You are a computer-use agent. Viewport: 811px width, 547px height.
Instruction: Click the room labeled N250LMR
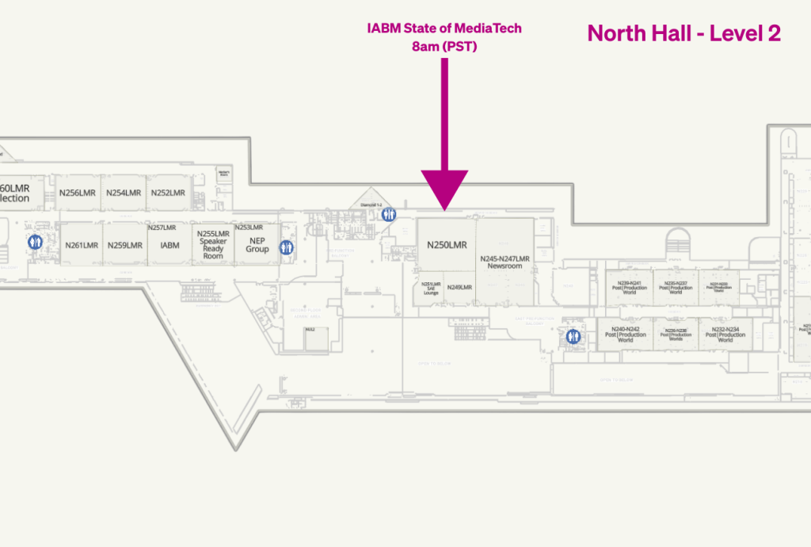[x=447, y=245]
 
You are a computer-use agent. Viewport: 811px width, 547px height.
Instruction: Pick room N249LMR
[x=459, y=287]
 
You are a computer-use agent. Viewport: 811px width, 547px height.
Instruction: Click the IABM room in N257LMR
[x=170, y=245]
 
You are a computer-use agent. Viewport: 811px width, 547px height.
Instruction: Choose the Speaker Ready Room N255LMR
[x=213, y=245]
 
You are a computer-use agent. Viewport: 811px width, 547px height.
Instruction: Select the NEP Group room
[x=257, y=245]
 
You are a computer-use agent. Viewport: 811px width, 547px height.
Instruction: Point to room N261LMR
[x=82, y=245]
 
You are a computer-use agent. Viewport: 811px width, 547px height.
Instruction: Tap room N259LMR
[x=125, y=245]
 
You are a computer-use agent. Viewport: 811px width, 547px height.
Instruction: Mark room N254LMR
[x=124, y=193]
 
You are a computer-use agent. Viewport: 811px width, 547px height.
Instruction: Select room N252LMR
[x=168, y=193]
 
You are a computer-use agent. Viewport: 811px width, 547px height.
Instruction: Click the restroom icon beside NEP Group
[x=286, y=247]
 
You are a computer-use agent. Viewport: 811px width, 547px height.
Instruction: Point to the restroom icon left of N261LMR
[x=35, y=243]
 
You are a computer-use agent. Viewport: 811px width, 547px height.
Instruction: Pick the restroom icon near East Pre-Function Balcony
[x=573, y=337]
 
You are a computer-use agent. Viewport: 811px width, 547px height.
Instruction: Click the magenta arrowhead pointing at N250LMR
[x=444, y=190]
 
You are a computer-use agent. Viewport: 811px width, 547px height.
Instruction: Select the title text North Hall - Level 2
[x=683, y=33]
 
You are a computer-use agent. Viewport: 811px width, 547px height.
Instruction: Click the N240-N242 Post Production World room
[x=626, y=334]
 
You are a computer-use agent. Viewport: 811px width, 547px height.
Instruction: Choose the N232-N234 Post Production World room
[x=725, y=334]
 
